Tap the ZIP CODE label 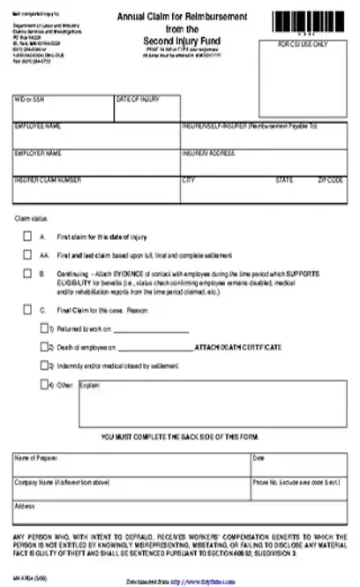329,179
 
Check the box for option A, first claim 26,237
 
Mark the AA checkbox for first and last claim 26,254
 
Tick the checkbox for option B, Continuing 26,275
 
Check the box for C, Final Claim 26,311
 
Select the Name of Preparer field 131,465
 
